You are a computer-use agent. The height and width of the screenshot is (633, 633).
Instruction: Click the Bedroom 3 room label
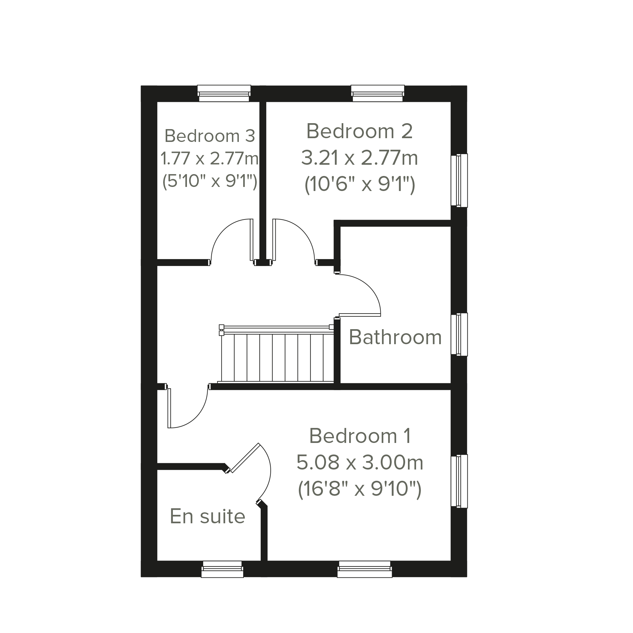[x=210, y=136]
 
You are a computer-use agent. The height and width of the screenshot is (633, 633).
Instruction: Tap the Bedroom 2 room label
[x=359, y=131]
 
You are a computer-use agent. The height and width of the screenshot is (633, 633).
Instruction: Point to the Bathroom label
[x=395, y=337]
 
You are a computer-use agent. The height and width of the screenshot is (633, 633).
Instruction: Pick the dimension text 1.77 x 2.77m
[x=210, y=158]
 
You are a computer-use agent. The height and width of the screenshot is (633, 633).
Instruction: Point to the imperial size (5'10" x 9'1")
[x=210, y=181]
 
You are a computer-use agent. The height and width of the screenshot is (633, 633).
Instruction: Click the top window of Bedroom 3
[x=224, y=93]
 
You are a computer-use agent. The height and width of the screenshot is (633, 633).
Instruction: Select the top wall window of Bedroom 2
[x=378, y=93]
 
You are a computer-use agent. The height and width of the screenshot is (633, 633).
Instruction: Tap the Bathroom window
[x=459, y=334]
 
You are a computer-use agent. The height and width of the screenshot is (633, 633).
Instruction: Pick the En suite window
[x=223, y=569]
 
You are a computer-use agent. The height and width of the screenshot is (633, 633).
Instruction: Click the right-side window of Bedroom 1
[x=459, y=481]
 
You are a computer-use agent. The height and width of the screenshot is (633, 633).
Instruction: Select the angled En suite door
[x=245, y=458]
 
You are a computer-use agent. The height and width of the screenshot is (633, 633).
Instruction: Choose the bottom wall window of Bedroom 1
[x=365, y=569]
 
